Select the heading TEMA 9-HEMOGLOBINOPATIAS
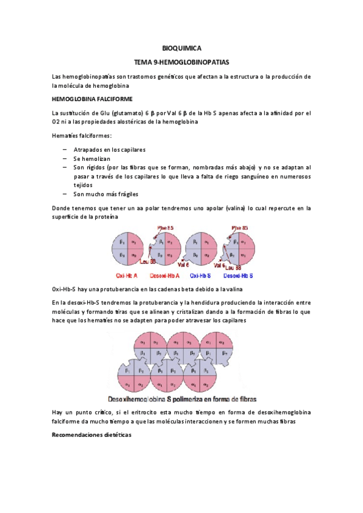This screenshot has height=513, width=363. (x=182, y=62)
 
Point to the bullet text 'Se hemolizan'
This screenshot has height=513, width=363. (x=92, y=158)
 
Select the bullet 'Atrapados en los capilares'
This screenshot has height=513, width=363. (x=110, y=149)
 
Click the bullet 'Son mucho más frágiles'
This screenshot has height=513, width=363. (x=106, y=194)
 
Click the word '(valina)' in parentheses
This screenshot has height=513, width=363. (x=227, y=208)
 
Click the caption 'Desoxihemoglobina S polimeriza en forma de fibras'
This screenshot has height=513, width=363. (x=182, y=399)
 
